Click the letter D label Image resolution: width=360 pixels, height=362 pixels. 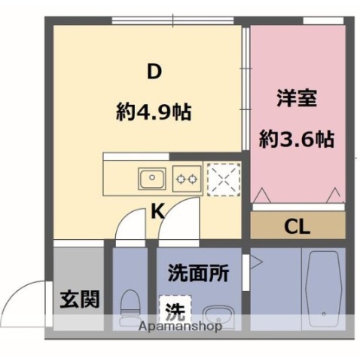[x=154, y=72]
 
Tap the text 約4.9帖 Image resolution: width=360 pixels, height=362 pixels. [x=154, y=113]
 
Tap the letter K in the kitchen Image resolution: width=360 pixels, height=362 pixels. [x=158, y=211]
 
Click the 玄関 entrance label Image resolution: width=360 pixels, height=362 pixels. [x=79, y=299]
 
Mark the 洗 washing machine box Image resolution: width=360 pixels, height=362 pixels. [x=175, y=309]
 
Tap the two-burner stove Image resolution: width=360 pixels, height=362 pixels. [x=185, y=179]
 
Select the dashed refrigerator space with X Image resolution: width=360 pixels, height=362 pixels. [x=222, y=179]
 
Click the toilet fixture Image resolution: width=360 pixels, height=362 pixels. [x=129, y=305]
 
